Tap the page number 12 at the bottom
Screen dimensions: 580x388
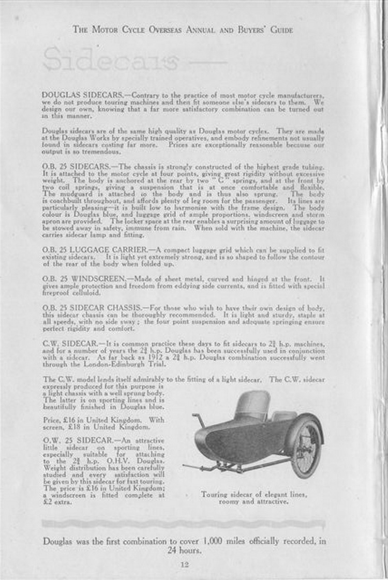point(184,564)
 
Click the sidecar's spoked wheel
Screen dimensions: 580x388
point(306,448)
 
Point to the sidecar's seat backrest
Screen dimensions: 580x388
point(253,405)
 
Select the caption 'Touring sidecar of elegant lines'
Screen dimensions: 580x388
point(253,495)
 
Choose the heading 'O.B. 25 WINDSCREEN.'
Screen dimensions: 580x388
point(81,278)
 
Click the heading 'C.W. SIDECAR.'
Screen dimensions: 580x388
point(69,343)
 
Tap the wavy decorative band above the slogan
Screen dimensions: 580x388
point(184,524)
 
